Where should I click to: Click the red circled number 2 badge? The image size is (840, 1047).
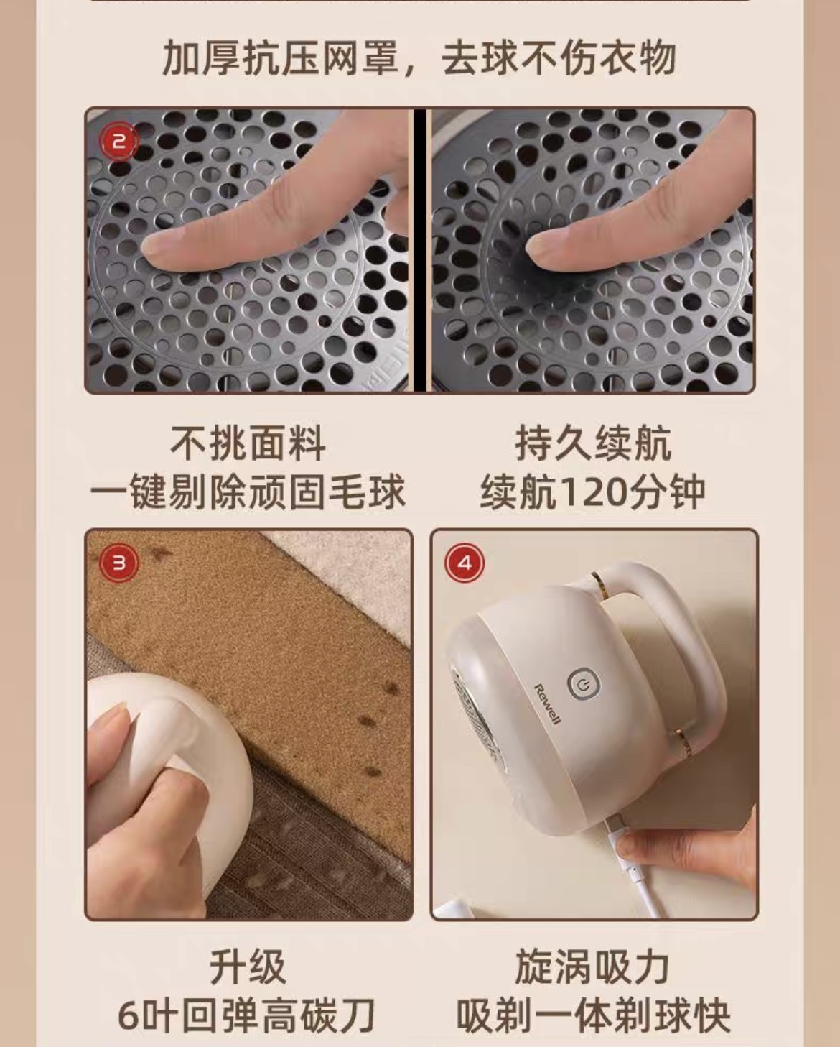(x=119, y=141)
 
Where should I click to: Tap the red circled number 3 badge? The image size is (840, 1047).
(x=119, y=563)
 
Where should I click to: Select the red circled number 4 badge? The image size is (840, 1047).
(x=465, y=563)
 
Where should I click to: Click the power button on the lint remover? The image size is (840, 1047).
(x=584, y=685)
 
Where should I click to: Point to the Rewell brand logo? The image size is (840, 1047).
(x=548, y=704)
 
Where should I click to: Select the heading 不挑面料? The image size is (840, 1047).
(x=248, y=443)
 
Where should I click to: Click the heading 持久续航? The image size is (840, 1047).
(x=593, y=443)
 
